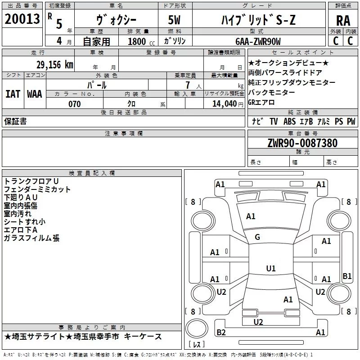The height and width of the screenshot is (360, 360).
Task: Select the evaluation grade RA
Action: (343, 21)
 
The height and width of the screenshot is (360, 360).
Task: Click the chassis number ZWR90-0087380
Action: (302, 143)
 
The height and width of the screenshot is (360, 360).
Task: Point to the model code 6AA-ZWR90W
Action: (258, 41)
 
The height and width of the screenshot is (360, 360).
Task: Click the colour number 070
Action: (74, 104)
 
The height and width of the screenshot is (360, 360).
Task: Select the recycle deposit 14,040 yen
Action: (224, 104)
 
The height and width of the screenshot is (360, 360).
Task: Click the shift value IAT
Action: (13, 94)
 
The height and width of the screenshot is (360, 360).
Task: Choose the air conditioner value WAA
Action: (35, 94)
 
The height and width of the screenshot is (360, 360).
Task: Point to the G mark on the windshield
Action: (257, 237)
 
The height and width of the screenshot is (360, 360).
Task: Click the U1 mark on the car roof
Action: (270, 269)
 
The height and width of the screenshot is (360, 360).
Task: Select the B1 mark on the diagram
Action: (347, 276)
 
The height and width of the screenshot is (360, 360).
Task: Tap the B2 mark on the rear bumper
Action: (221, 333)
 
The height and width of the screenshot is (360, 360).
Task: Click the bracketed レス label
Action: (196, 344)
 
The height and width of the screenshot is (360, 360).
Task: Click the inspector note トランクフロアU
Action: (31, 181)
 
